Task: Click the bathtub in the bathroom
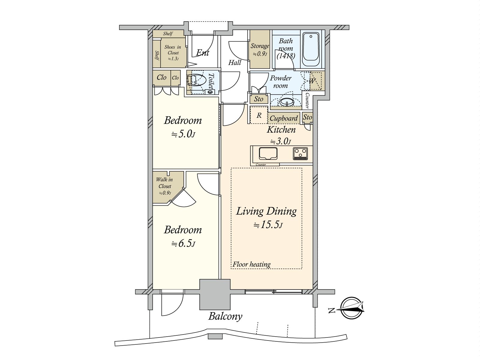point(311,49)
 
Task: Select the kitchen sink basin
point(268,153)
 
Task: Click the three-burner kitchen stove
point(301,154)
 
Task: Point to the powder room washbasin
point(286,102)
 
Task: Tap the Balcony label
point(225,316)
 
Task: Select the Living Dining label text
point(266,211)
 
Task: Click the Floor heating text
point(251,264)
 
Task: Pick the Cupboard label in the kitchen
point(283,118)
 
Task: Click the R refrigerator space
point(259,115)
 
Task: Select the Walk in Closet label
point(164,183)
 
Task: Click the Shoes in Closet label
point(173,50)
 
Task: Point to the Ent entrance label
point(202,53)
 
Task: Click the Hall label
point(235,63)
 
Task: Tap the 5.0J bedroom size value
point(183,134)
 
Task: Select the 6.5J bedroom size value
point(183,243)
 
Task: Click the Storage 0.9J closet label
point(260,49)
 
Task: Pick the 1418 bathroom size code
point(286,56)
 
